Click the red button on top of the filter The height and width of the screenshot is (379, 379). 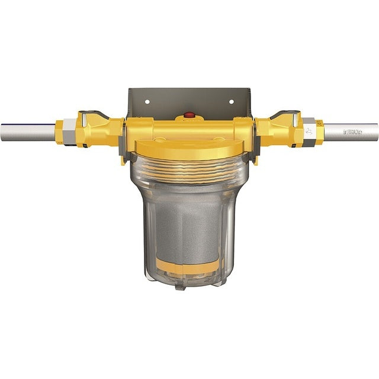[x=189, y=114]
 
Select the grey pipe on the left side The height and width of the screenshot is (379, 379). [x=27, y=130]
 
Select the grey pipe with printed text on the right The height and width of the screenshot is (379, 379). [x=352, y=130]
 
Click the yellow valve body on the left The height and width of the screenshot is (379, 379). [x=101, y=129]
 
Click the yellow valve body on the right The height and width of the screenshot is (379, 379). [x=277, y=129]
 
